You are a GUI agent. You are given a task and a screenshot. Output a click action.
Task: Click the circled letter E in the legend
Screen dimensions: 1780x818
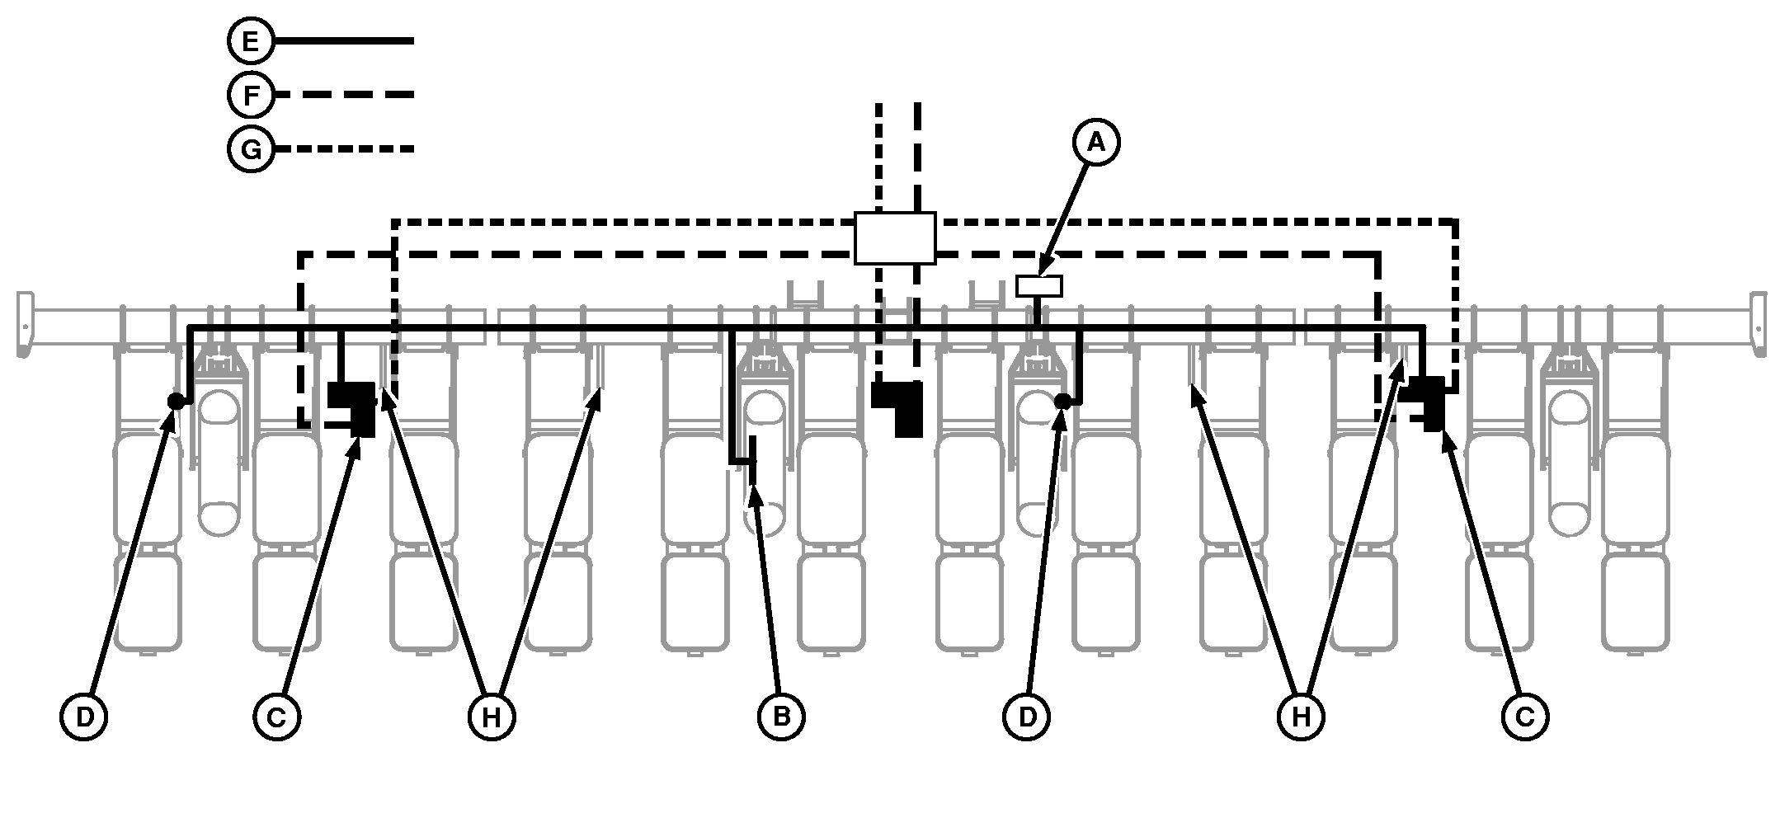pyautogui.click(x=251, y=40)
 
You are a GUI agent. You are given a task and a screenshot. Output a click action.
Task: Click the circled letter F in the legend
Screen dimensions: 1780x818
pyautogui.click(x=251, y=96)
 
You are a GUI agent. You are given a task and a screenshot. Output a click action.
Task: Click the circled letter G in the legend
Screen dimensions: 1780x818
pyautogui.click(x=251, y=150)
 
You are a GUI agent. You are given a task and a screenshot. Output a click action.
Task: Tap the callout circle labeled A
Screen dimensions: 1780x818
pyautogui.click(x=1095, y=143)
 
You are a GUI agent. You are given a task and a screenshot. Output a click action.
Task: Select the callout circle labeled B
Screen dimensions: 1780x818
pyautogui.click(x=780, y=717)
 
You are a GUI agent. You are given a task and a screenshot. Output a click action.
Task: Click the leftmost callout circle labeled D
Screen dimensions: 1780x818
pyautogui.click(x=84, y=717)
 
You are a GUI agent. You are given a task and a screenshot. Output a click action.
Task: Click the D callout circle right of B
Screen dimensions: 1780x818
pyautogui.click(x=1027, y=717)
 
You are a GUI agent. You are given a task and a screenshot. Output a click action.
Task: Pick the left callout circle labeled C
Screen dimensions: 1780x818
pyautogui.click(x=276, y=717)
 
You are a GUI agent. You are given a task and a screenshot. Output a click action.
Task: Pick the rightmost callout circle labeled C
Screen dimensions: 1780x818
pyautogui.click(x=1524, y=717)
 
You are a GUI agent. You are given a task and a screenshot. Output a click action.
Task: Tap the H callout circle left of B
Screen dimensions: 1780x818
pyautogui.click(x=492, y=717)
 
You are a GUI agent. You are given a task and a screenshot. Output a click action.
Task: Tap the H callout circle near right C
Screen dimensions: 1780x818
pyautogui.click(x=1301, y=717)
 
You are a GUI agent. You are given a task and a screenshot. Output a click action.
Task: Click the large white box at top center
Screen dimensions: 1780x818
pyautogui.click(x=894, y=237)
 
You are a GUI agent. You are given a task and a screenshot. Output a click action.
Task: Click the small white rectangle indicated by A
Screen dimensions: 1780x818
pyautogui.click(x=1038, y=286)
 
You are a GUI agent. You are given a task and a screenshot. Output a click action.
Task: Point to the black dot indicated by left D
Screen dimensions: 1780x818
pyautogui.click(x=175, y=401)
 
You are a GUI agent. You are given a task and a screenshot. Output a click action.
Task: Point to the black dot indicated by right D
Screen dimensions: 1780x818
pyautogui.click(x=1063, y=402)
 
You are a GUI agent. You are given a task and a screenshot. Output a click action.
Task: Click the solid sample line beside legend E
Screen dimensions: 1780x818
pyautogui.click(x=342, y=40)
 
